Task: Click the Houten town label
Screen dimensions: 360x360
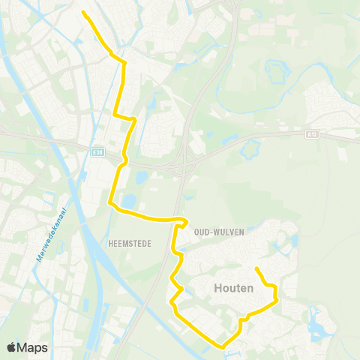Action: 232,288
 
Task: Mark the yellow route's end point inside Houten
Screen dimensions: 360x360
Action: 256,268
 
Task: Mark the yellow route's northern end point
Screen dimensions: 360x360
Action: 82,12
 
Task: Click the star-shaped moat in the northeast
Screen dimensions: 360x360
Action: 276,73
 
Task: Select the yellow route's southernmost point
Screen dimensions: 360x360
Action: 220,346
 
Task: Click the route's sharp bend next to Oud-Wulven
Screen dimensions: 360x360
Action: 183,220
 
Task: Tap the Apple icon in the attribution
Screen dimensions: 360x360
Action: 12,348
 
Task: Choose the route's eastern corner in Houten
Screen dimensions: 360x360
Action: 277,298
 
